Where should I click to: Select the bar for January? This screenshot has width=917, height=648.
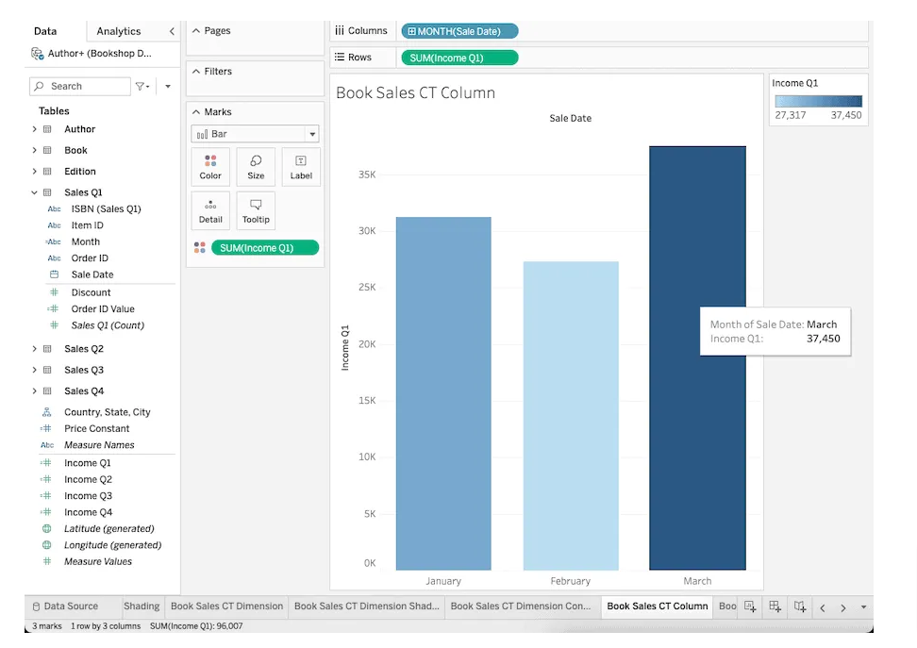pos(443,393)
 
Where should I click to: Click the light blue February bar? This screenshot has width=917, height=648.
pos(571,415)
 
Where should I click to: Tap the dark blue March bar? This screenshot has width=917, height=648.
pos(697,357)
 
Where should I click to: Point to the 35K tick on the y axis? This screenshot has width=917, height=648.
pos(367,174)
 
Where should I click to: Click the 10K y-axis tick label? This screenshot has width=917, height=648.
pos(367,457)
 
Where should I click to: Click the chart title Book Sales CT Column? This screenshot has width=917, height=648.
pos(415,92)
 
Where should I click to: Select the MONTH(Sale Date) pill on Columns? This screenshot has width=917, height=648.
pos(459,31)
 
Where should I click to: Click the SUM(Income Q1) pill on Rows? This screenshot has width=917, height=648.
pos(459,58)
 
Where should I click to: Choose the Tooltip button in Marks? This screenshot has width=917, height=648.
pos(256,210)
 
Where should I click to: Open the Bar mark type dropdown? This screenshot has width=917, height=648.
pos(255,134)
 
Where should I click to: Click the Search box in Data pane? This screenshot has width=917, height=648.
pos(80,86)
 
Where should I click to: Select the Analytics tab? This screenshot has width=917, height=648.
pos(119,31)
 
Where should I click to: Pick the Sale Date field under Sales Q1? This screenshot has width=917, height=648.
pos(92,274)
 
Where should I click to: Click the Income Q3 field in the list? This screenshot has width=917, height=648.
pos(89,495)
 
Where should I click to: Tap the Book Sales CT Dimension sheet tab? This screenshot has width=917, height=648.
pos(227,606)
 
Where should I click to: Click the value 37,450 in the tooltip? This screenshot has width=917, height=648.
pos(823,339)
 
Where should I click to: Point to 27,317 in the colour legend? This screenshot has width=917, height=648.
pos(790,115)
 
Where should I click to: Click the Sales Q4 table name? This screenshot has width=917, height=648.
pos(84,390)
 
